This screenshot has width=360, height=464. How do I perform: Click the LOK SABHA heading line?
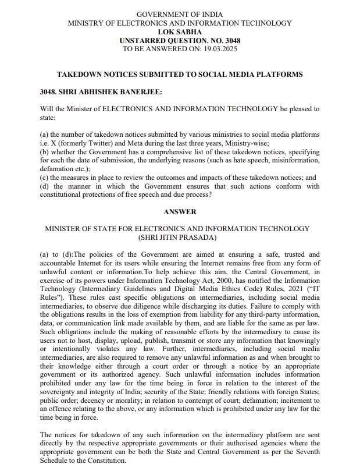pyautogui.click(x=180, y=32)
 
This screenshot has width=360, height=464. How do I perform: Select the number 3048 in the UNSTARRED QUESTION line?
pyautogui.click(x=229, y=41)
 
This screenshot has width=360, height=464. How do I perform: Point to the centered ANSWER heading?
pyautogui.click(x=180, y=212)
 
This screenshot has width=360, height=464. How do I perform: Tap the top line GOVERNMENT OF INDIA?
pyautogui.click(x=180, y=14)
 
